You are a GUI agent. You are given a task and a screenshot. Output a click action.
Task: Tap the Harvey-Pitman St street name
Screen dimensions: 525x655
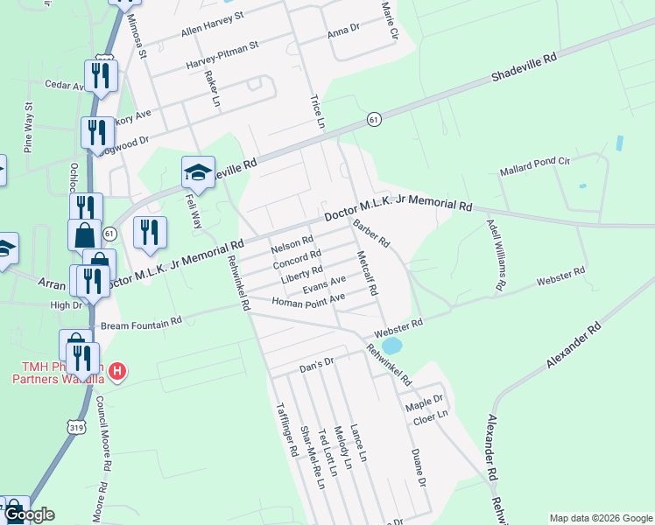[x=222, y=54]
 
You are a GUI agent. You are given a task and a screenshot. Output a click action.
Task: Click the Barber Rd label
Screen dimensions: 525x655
[x=371, y=234]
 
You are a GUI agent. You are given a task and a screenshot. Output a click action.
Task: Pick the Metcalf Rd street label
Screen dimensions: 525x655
[x=366, y=272]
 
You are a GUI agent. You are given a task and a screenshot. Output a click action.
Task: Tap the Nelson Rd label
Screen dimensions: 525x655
[x=292, y=241]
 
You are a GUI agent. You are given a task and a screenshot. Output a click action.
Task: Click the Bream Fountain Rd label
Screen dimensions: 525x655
[x=141, y=322]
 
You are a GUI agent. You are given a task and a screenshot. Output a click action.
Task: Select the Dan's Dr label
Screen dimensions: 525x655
[x=317, y=361]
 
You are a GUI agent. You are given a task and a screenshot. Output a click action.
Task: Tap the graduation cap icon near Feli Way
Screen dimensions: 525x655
[x=198, y=173]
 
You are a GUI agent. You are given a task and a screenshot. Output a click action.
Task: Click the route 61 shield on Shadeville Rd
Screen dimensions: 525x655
[x=374, y=119]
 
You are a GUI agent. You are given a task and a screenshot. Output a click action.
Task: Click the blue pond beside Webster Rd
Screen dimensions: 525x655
[x=392, y=346]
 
